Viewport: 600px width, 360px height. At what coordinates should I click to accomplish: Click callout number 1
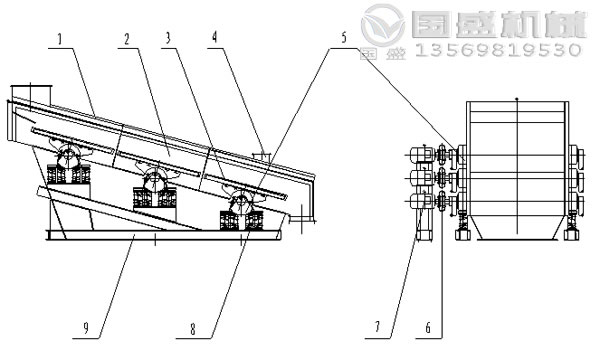tap(60, 40)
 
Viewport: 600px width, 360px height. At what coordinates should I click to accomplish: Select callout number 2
tap(127, 39)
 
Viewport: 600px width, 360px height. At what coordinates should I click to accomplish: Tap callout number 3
tap(168, 38)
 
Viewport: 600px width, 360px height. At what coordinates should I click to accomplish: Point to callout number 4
tap(215, 37)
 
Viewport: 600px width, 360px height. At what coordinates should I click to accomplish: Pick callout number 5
tap(344, 37)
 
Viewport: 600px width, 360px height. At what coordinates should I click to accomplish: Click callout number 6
tap(428, 327)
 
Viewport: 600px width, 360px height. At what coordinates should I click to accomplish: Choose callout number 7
tap(377, 327)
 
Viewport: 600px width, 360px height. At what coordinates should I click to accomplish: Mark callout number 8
tap(193, 329)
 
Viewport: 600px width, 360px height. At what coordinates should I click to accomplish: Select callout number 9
tap(86, 328)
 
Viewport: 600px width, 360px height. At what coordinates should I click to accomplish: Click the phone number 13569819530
tap(498, 50)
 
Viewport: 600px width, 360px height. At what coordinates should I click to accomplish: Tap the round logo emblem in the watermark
tap(383, 25)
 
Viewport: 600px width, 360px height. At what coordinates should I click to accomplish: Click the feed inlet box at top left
tap(31, 95)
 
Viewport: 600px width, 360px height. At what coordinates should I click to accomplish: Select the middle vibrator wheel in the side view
tap(154, 179)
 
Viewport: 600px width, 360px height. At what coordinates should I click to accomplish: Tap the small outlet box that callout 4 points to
tap(262, 156)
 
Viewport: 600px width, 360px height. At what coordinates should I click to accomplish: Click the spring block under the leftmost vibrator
tap(68, 174)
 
